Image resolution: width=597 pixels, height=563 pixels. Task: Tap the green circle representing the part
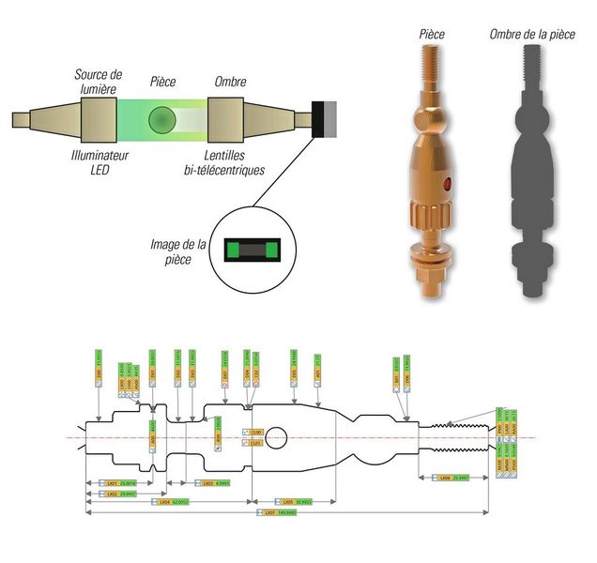pyautogui.click(x=161, y=120)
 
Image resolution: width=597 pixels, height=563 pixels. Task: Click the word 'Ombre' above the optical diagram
pyautogui.click(x=231, y=82)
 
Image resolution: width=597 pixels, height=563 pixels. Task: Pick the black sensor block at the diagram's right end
pyautogui.click(x=324, y=118)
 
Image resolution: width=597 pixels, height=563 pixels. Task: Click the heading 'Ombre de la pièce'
pyautogui.click(x=531, y=35)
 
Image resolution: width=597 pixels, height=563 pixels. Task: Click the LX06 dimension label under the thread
pyautogui.click(x=447, y=479)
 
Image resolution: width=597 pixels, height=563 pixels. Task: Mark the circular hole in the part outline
pyautogui.click(x=282, y=437)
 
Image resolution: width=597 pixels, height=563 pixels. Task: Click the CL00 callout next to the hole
pyautogui.click(x=253, y=432)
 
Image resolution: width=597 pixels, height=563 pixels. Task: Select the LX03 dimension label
pyautogui.click(x=205, y=482)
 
